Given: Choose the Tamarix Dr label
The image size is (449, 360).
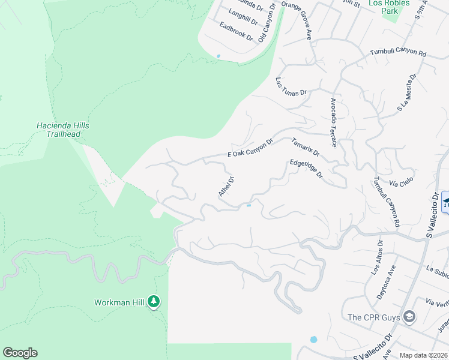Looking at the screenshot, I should coord(306,148).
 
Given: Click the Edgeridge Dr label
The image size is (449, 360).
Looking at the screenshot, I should coord(306,169).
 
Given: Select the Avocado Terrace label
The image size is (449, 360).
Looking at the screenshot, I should coord(333,122).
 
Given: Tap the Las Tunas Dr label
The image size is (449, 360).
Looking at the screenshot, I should coord(291,86).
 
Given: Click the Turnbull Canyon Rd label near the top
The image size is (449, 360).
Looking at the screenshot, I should coord(397,53).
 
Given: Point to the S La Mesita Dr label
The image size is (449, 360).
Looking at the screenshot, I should coord(406,93).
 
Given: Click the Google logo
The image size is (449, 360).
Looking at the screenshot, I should coord(20,353).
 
